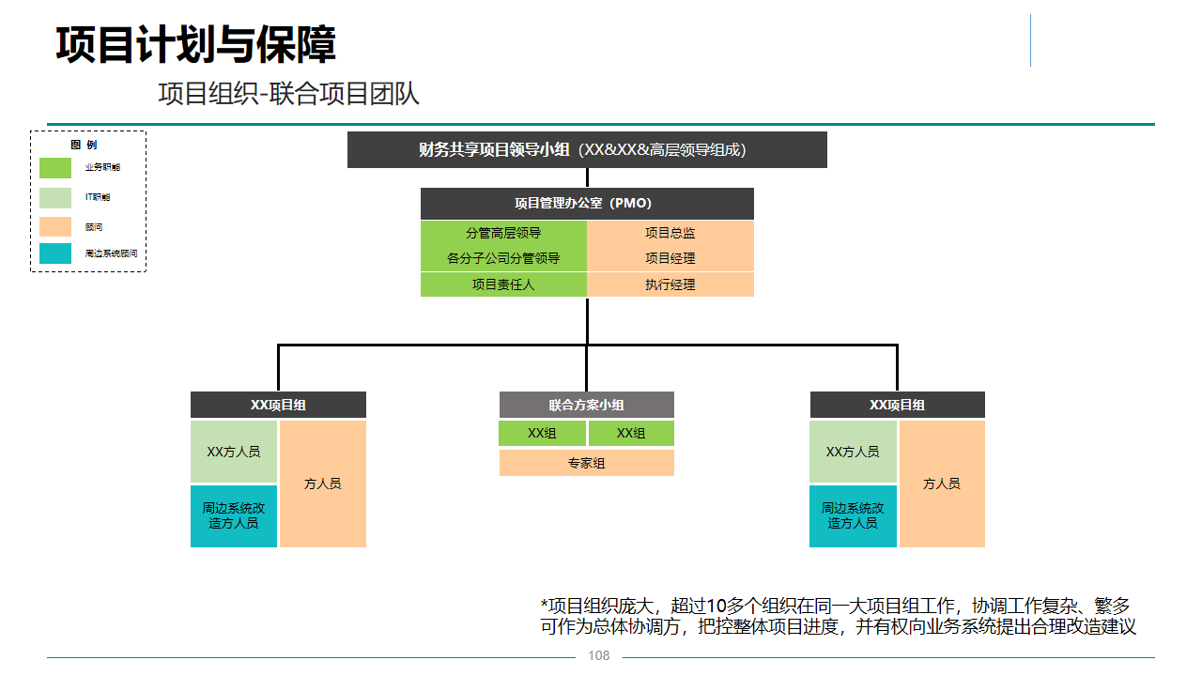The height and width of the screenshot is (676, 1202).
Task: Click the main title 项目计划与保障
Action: pos(195,44)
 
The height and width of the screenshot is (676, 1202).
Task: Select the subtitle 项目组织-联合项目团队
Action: pos(288,94)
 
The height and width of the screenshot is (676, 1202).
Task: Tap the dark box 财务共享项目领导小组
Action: pos(587,149)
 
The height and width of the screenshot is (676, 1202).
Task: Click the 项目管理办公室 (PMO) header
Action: pos(587,203)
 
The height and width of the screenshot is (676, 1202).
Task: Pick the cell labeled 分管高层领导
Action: pos(503,233)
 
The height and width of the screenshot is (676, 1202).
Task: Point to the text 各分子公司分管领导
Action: pos(503,258)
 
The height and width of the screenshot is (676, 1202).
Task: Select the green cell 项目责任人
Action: pos(503,284)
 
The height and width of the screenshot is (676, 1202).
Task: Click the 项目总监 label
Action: pos(670,233)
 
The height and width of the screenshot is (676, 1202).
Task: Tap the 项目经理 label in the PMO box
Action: pos(670,258)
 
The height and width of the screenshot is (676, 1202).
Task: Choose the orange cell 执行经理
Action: pos(670,284)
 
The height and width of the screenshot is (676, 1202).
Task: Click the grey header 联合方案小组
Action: pos(587,405)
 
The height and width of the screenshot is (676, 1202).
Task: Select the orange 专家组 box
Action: pos(587,463)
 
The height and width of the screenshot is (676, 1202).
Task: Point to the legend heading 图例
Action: pos(84,145)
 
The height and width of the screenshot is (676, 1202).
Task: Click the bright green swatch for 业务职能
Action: pos(55,167)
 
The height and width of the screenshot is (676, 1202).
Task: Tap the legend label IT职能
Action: pos(98,197)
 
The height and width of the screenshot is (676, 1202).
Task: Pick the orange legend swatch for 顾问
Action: pos(55,226)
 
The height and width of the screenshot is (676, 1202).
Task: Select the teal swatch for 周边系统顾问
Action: pos(55,253)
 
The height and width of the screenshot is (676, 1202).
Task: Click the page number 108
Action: pos(598,655)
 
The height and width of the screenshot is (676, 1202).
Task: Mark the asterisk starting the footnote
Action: pos(544,603)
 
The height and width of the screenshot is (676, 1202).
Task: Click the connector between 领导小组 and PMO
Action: pos(587,177)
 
